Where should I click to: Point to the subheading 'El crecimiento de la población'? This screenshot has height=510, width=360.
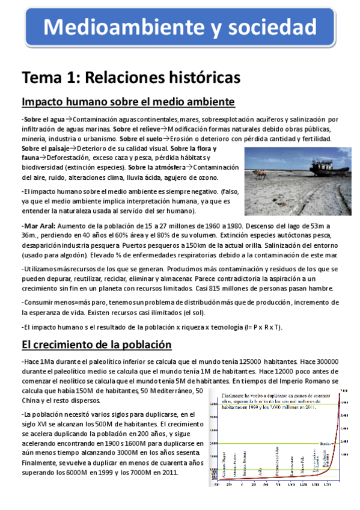point(97,345)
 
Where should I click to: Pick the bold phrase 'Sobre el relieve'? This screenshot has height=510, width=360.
point(138,129)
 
